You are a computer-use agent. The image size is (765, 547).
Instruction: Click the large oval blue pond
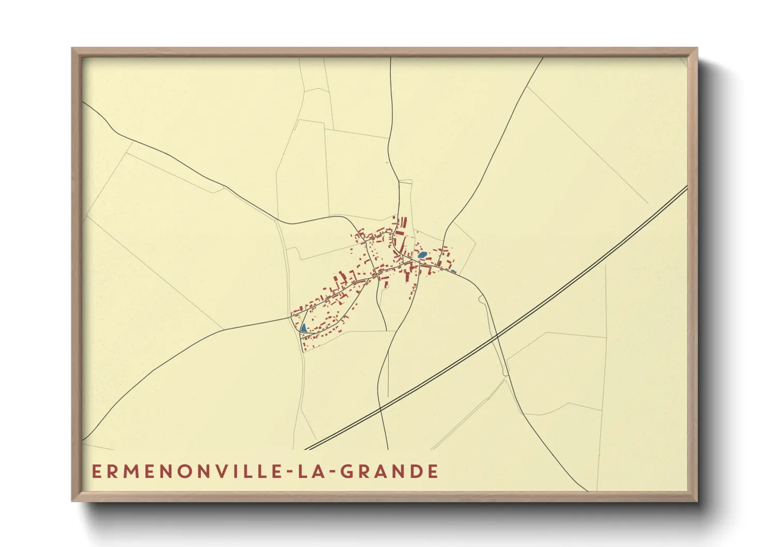pyautogui.click(x=422, y=254)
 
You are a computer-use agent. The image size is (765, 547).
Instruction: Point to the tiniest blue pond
pyautogui.click(x=453, y=271)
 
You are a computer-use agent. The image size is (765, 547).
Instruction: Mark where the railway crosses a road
pyautogui.click(x=497, y=336)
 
